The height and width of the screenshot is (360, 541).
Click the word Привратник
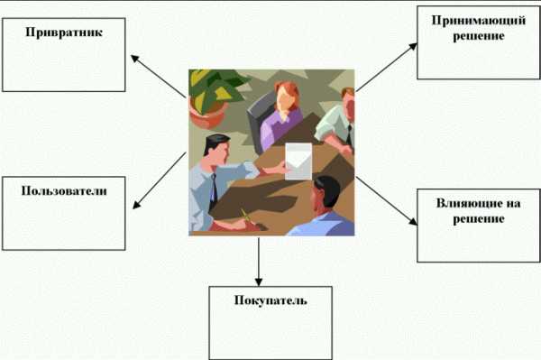pos(64,32)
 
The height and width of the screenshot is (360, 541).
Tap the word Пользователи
pos(64,191)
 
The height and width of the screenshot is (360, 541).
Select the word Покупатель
pos(270,300)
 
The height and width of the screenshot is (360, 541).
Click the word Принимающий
pos(479,21)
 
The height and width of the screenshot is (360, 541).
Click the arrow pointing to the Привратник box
pos(159,76)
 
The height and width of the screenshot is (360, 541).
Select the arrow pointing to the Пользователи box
pos(160,180)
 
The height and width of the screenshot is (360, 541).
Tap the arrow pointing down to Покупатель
pos(259,262)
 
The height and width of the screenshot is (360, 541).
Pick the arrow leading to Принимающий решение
pos(387,68)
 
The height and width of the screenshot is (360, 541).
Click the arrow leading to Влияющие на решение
pos(387,201)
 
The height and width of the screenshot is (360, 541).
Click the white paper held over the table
pos(298,162)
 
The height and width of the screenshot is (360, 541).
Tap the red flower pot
pos(206,115)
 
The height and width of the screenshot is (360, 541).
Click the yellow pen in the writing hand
pos(246,216)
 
